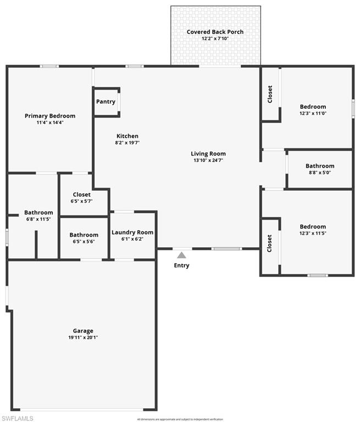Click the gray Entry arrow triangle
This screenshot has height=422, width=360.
coord(181,255)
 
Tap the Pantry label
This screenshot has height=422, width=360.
coord(106,102)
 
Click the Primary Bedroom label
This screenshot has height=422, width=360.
coord(50,116)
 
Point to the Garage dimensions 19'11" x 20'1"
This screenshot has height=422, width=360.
coord(82,338)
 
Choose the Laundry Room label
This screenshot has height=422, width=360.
coord(132,232)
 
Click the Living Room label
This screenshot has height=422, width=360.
coord(208,154)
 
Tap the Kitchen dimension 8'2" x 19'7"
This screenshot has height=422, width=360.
coord(127,143)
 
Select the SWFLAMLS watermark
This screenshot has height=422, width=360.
coord(17,418)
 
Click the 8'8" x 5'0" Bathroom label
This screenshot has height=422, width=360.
coord(319,166)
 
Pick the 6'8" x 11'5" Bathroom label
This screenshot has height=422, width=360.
coord(38,213)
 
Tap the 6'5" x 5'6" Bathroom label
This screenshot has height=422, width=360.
coord(84,235)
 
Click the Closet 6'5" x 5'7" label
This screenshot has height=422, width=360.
coord(82,195)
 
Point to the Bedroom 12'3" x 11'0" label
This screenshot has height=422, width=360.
coord(312,107)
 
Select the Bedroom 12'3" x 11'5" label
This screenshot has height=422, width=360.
coord(312,226)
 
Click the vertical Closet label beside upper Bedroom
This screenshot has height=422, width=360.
coord(270,94)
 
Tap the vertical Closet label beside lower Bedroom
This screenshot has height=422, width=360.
coord(270,243)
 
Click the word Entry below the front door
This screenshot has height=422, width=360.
coord(181,265)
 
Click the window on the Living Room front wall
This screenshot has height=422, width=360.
coord(226,249)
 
